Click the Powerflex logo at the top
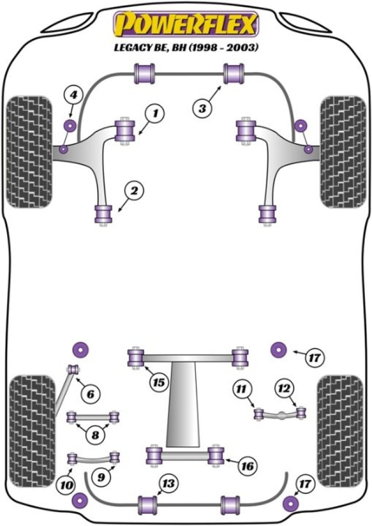tap(186, 24)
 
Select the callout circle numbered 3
tap(203, 109)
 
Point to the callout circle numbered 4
tap(73, 96)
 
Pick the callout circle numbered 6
tap(90, 395)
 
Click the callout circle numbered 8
tap(95, 435)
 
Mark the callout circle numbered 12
tap(284, 389)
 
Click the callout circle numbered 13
tap(168, 485)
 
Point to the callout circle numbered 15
tap(159, 382)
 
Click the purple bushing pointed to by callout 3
tap(234, 73)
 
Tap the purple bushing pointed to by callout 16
tap(216, 455)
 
